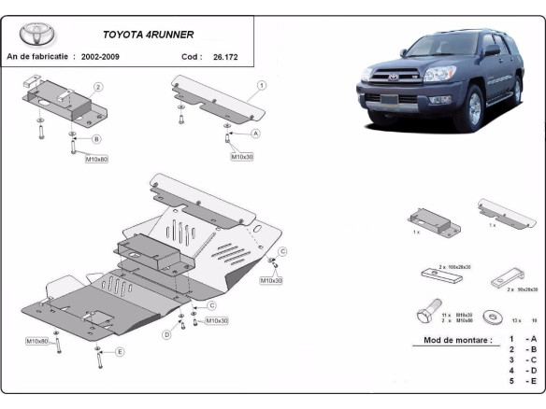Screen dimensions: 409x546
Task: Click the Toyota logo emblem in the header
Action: click(37, 35)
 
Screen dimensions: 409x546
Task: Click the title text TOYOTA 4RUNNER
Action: click(148, 35)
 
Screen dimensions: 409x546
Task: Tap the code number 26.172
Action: click(224, 58)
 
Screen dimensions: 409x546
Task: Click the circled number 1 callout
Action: click(262, 85)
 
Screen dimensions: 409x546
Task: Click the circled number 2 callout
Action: click(98, 87)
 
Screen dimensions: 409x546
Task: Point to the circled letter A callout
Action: click(255, 134)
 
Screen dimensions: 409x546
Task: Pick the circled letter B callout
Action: click(96, 139)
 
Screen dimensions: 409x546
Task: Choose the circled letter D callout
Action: click(167, 333)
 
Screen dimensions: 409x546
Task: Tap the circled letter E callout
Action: click(121, 352)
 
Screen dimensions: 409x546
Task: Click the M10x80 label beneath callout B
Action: click(97, 160)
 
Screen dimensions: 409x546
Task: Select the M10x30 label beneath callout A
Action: click(242, 157)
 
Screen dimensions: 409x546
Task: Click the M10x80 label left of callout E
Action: click(37, 341)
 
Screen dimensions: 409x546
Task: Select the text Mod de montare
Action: click(457, 340)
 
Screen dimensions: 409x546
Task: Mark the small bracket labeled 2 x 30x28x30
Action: click(505, 278)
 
